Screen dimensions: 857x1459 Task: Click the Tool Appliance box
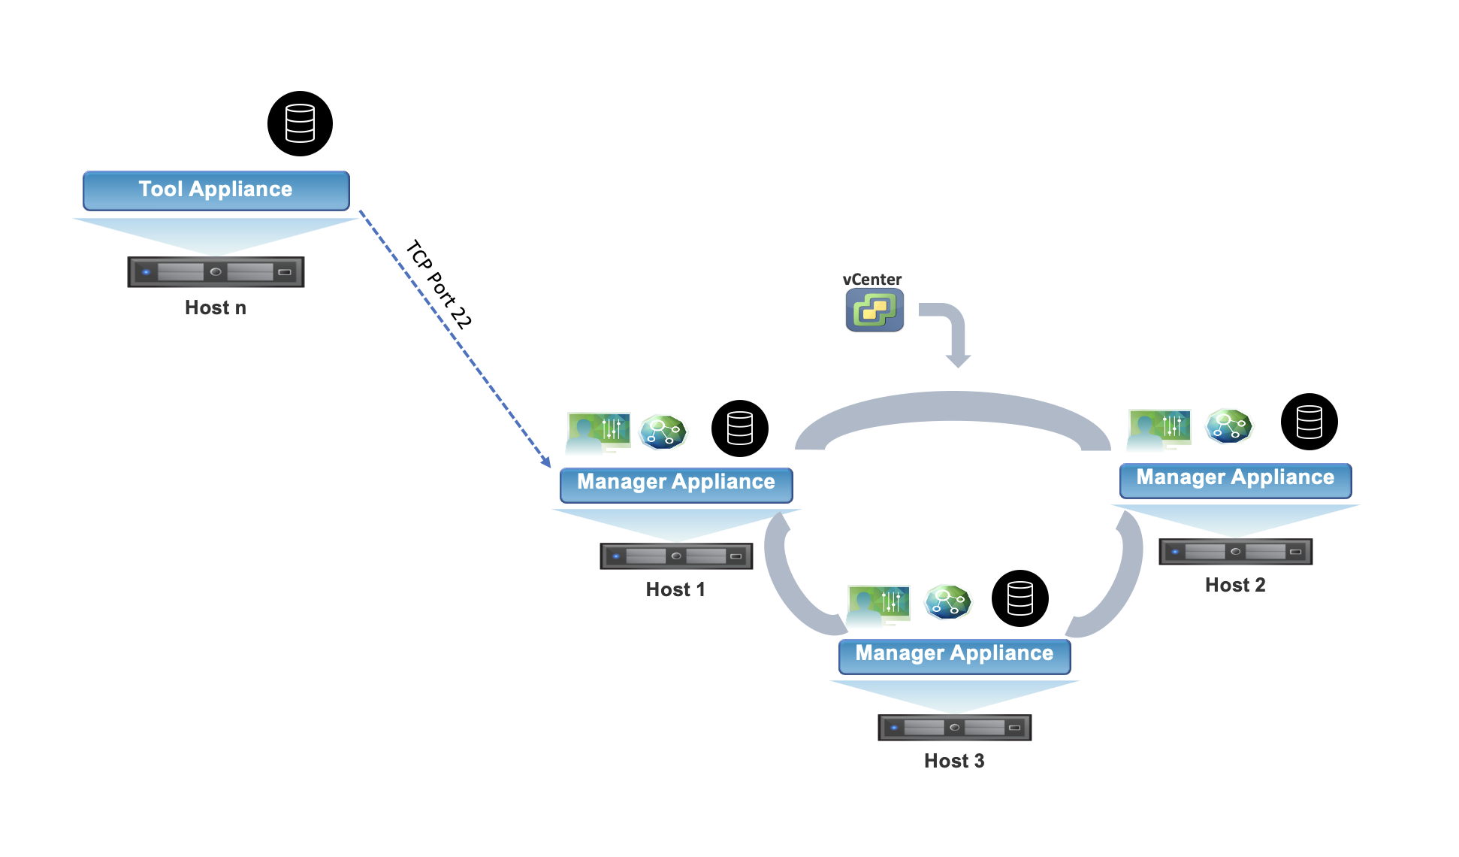pos(216,190)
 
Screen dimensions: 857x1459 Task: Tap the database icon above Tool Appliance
pos(300,123)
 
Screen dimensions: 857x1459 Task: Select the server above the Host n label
pos(216,271)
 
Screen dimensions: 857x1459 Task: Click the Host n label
pos(216,307)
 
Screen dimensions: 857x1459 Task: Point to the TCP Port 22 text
pos(439,284)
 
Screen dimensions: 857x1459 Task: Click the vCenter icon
pos(874,310)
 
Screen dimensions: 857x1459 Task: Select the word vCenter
pos(871,279)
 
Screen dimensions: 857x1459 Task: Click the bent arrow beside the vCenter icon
pos(948,331)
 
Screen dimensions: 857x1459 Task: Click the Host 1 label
pos(675,589)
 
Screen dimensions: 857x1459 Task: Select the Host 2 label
pos(1235,585)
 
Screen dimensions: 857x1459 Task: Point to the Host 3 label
pos(954,761)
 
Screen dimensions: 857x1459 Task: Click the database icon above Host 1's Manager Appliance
pos(739,428)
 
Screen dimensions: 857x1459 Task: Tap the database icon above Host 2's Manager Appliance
pos(1309,422)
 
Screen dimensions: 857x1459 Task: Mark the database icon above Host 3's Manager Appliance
pos(1019,598)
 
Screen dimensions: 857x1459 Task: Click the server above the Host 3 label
pos(954,727)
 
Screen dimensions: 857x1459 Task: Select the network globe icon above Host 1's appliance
pos(663,432)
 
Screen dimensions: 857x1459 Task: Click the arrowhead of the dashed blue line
pos(547,462)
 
